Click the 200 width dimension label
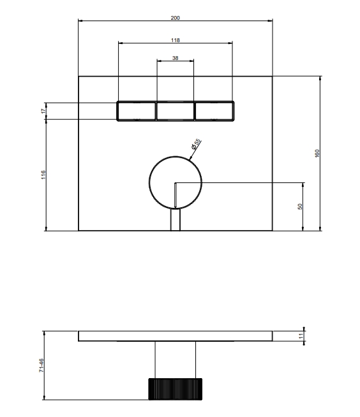175,18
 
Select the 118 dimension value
175,40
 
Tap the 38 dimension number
175,58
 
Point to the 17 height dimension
43,111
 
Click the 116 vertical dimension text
43,175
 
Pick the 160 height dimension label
317,154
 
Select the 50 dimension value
300,207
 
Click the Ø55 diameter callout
196,144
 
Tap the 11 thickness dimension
301,336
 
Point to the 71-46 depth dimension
41,365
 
